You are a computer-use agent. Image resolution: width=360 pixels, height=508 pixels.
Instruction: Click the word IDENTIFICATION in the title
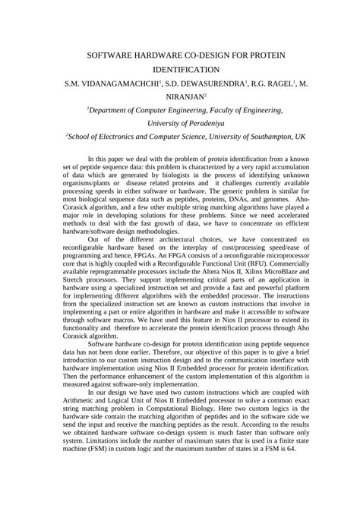point(180,68)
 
